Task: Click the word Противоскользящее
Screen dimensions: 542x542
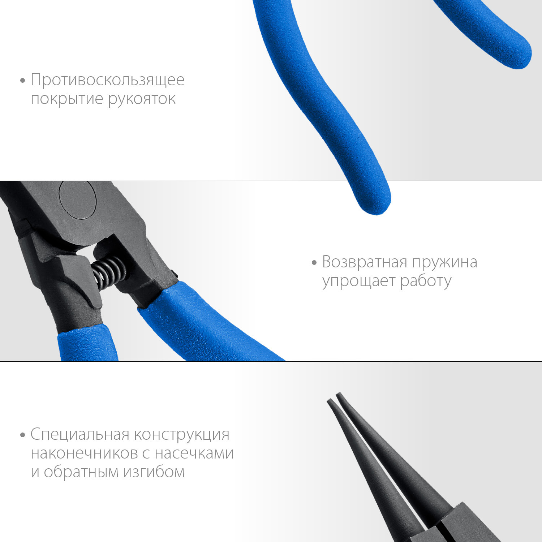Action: pos(108,80)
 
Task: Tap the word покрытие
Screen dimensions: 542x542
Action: pos(67,99)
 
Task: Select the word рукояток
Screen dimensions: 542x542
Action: pos(142,99)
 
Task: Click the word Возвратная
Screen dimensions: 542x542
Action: pos(365,262)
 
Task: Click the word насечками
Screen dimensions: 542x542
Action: pos(194,453)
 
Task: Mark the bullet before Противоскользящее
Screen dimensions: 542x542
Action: pos(23,80)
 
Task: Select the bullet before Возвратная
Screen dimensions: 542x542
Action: pos(314,263)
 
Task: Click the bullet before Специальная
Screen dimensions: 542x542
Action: pos(23,435)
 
